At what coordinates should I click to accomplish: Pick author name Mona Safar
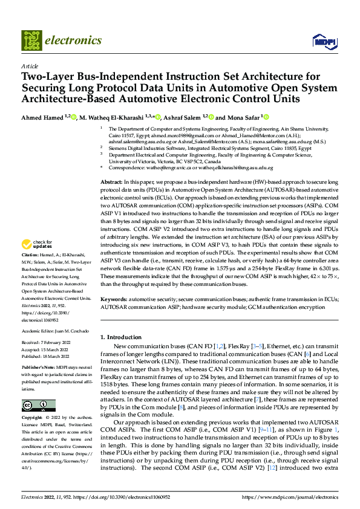click(x=243, y=117)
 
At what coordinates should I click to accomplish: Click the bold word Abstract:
click(x=111, y=165)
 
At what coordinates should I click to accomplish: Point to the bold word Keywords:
click(x=113, y=299)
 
